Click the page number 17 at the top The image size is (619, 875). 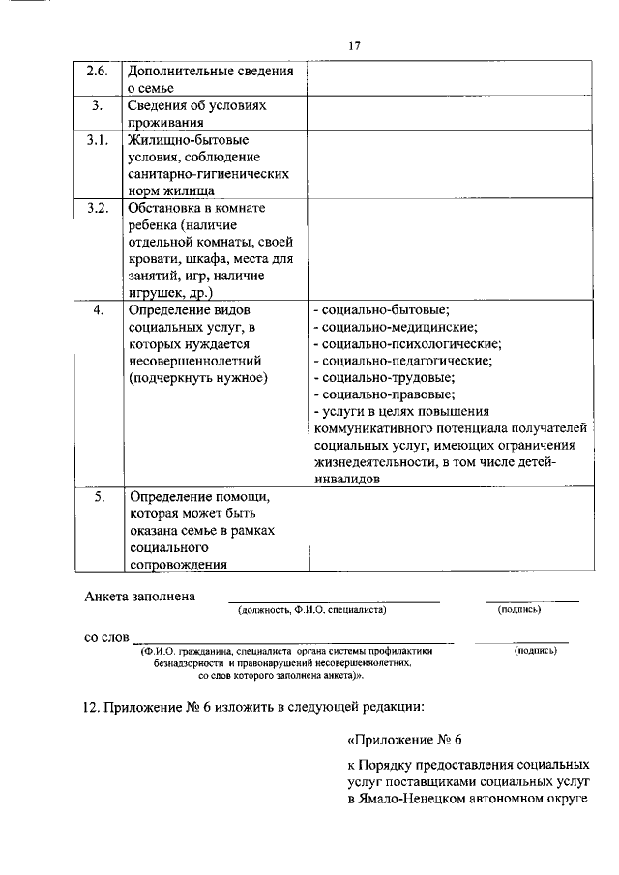(355, 45)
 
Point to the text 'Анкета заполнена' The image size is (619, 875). (140, 597)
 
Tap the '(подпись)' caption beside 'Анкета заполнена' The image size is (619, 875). (518, 611)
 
